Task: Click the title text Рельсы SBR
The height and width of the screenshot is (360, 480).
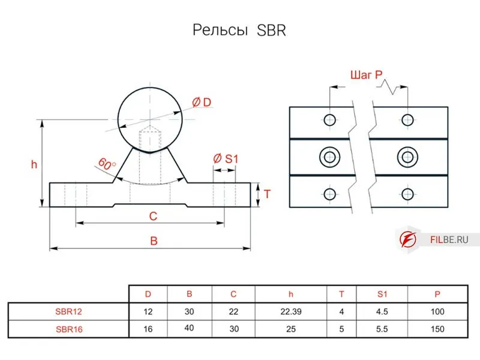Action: point(239,31)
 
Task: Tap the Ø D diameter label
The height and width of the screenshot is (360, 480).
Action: point(202,103)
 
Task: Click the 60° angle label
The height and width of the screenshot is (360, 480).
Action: point(106,163)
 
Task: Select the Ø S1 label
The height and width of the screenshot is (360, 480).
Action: point(226,158)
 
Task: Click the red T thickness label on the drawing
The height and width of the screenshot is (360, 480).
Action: point(268,194)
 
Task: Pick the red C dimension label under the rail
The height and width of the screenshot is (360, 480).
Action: point(153,215)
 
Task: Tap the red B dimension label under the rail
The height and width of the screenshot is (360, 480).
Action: point(154,241)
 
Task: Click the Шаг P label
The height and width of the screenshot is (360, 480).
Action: point(366,76)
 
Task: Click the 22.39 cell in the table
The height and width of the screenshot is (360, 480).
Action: point(290,311)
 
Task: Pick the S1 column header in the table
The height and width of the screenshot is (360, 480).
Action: point(382,294)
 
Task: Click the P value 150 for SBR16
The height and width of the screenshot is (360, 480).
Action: point(437,329)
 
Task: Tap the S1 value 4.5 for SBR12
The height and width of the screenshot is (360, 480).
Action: point(382,311)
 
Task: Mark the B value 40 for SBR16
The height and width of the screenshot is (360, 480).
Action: point(189,328)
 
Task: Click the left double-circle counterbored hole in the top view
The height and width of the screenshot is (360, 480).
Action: point(329,157)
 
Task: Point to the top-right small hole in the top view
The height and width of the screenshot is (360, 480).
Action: point(408,119)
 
